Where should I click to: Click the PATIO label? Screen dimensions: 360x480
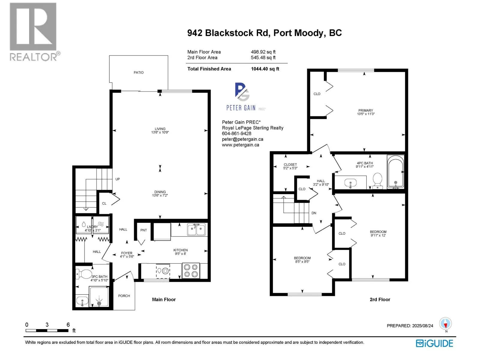point(139,73)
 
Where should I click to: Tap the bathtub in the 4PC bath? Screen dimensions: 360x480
point(395,172)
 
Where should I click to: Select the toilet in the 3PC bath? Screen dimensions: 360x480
point(84,274)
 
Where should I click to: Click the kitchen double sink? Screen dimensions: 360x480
point(196,229)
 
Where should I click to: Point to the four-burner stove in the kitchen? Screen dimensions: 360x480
point(191,271)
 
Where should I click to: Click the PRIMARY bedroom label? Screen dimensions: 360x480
point(365,110)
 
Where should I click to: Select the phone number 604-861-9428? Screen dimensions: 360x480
point(236,133)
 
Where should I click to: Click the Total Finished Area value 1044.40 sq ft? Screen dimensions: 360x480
point(265,69)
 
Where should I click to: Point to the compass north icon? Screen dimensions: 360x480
point(445,324)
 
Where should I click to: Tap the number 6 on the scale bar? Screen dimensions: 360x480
point(68,325)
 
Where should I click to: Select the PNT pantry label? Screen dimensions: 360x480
point(144,230)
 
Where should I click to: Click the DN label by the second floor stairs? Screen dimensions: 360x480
point(314,213)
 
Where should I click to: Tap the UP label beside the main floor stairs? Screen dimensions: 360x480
point(118,179)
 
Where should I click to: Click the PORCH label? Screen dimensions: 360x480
point(124,296)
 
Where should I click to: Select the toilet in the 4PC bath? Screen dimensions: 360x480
point(377,180)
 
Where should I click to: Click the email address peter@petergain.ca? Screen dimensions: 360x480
point(242,139)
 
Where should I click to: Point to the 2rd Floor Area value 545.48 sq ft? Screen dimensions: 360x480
point(263,58)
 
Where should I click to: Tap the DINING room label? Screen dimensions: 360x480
point(160,192)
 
